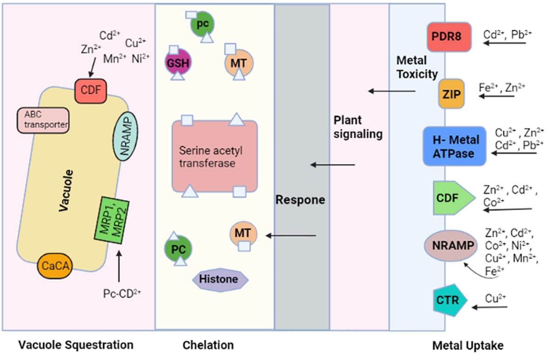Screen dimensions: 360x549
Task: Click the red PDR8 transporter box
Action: [449, 37]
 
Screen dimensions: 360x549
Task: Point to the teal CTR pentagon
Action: [447, 300]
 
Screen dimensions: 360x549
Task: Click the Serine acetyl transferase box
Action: [214, 156]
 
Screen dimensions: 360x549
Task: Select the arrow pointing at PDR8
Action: [504, 43]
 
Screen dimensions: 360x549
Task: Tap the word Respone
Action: [300, 200]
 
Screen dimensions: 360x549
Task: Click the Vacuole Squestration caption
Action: [75, 345]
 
